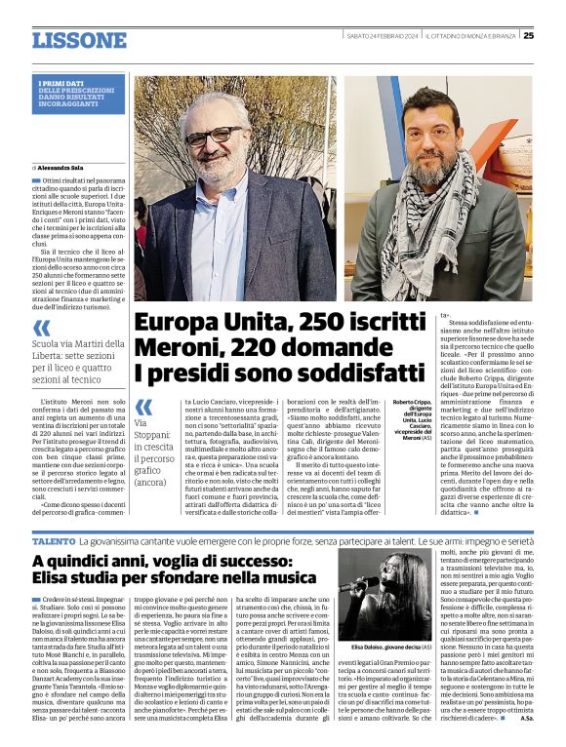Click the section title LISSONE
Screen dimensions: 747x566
click(x=79, y=40)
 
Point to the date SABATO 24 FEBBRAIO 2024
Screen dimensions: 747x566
click(x=382, y=35)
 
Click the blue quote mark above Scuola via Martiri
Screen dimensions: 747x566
click(x=41, y=328)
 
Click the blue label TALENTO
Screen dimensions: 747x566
click(x=53, y=539)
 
